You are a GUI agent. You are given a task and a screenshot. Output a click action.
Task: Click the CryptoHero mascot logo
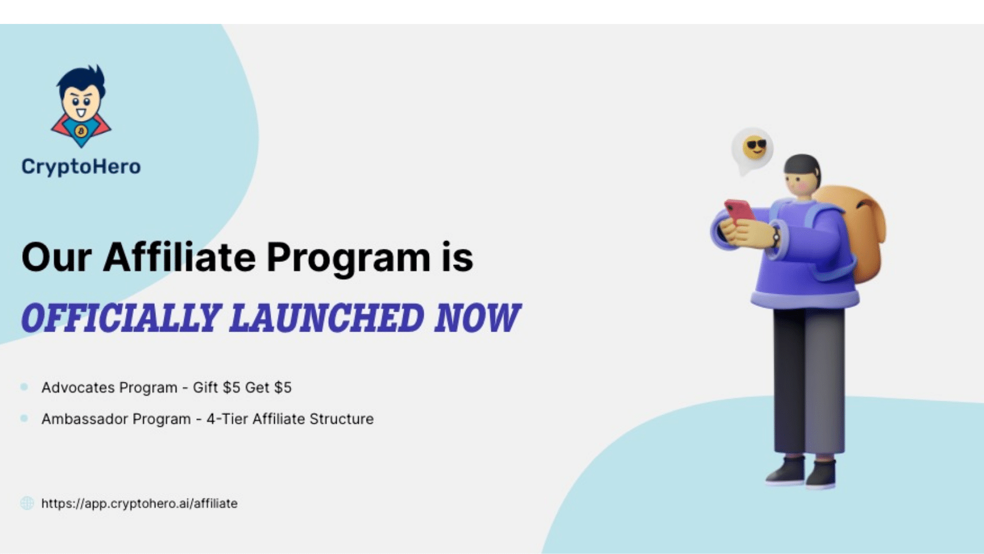[x=81, y=106]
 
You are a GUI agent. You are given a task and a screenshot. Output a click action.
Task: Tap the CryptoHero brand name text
[x=81, y=167]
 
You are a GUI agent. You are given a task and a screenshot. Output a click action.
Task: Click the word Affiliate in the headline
[x=179, y=257]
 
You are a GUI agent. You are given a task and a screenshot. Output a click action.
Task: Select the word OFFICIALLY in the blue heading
[x=121, y=317]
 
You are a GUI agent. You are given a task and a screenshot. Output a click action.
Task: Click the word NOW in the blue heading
[x=477, y=317]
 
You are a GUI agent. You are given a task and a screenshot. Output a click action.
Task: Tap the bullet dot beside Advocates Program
[x=24, y=387]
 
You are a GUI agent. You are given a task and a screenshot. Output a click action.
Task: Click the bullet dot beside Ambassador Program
[x=24, y=418]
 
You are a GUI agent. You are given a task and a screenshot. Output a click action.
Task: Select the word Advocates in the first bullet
[x=78, y=388]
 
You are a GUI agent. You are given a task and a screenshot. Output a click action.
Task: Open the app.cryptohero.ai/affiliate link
[x=139, y=504]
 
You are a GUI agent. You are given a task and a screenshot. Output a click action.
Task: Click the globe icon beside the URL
[x=27, y=503]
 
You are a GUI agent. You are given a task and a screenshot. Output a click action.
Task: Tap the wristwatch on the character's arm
[x=776, y=237]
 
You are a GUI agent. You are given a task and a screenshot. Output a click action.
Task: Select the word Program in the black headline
[x=349, y=258]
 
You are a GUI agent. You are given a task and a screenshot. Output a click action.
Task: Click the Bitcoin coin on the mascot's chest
[x=81, y=131]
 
